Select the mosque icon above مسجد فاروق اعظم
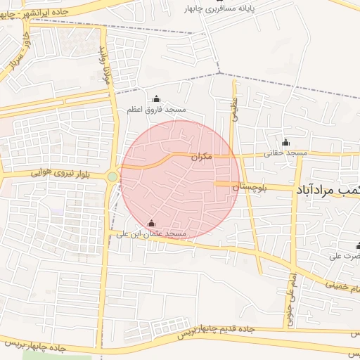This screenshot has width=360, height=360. [156, 98]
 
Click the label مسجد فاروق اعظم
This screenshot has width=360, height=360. [156, 110]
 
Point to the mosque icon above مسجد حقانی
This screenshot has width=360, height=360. [285, 142]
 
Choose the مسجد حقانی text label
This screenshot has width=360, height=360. [286, 153]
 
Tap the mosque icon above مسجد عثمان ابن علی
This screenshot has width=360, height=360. [150, 224]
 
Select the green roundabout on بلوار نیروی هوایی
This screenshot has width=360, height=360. [112, 176]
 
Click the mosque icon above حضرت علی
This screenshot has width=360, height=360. [358, 246]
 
